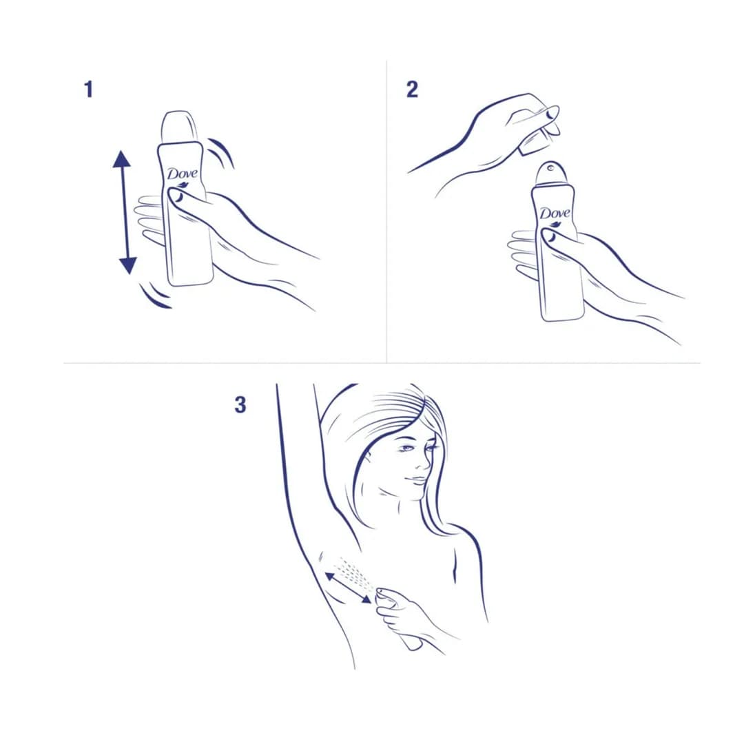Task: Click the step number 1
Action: (89, 90)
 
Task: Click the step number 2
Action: (412, 90)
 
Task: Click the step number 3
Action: (240, 405)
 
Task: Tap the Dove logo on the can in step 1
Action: (182, 175)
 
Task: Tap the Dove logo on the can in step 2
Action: (554, 214)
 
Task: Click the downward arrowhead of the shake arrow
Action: (127, 266)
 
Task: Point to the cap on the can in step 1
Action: (179, 127)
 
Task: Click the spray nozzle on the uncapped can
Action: (550, 167)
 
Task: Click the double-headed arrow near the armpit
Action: (348, 588)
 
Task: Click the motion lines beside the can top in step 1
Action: (220, 152)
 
